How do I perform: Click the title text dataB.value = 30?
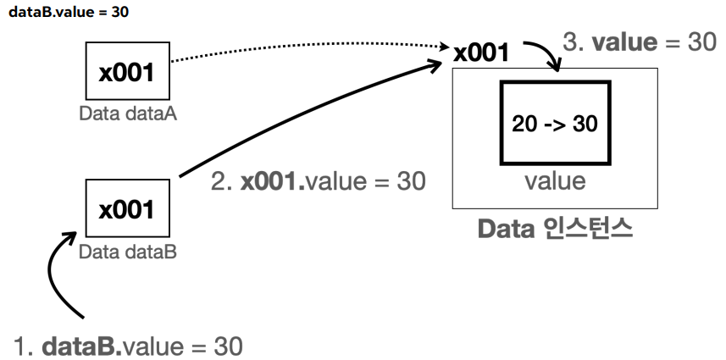(x=69, y=12)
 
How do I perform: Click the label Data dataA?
(x=128, y=114)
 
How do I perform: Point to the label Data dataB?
(x=128, y=252)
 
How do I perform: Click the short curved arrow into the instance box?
(x=546, y=48)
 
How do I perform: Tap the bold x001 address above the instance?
(x=481, y=53)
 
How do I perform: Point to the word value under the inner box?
(x=555, y=181)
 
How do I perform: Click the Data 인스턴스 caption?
(x=555, y=229)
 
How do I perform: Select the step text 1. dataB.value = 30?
(x=128, y=346)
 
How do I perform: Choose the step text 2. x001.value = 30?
(x=318, y=181)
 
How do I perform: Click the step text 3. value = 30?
(x=640, y=42)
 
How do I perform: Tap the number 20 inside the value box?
(x=524, y=124)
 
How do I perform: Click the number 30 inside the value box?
(x=585, y=124)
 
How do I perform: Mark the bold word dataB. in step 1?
(x=82, y=346)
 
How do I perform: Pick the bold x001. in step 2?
(x=273, y=181)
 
